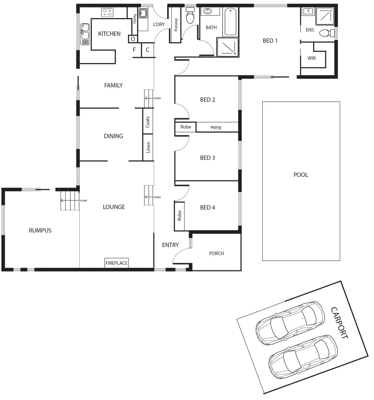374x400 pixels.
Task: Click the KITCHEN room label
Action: pyautogui.click(x=109, y=34)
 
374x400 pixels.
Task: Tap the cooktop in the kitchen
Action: pyautogui.click(x=107, y=13)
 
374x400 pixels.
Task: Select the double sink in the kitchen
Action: pyautogui.click(x=85, y=34)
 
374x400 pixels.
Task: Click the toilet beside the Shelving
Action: pyautogui.click(x=190, y=17)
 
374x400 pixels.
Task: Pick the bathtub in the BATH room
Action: pyautogui.click(x=231, y=22)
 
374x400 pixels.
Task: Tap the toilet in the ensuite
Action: pyautogui.click(x=326, y=33)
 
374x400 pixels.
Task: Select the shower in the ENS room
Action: pyautogui.click(x=325, y=16)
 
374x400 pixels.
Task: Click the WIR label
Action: pyautogui.click(x=311, y=58)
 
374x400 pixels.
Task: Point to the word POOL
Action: pyautogui.click(x=301, y=175)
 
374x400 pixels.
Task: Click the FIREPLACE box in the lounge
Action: pyautogui.click(x=116, y=263)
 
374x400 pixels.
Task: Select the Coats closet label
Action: pyautogui.click(x=148, y=122)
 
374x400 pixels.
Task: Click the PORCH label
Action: pyautogui.click(x=216, y=253)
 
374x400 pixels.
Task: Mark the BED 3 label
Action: pyautogui.click(x=208, y=158)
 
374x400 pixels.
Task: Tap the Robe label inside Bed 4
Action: pyautogui.click(x=179, y=216)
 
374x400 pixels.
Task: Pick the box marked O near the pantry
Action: pyautogui.click(x=132, y=39)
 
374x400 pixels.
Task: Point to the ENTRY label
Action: pyautogui.click(x=170, y=245)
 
